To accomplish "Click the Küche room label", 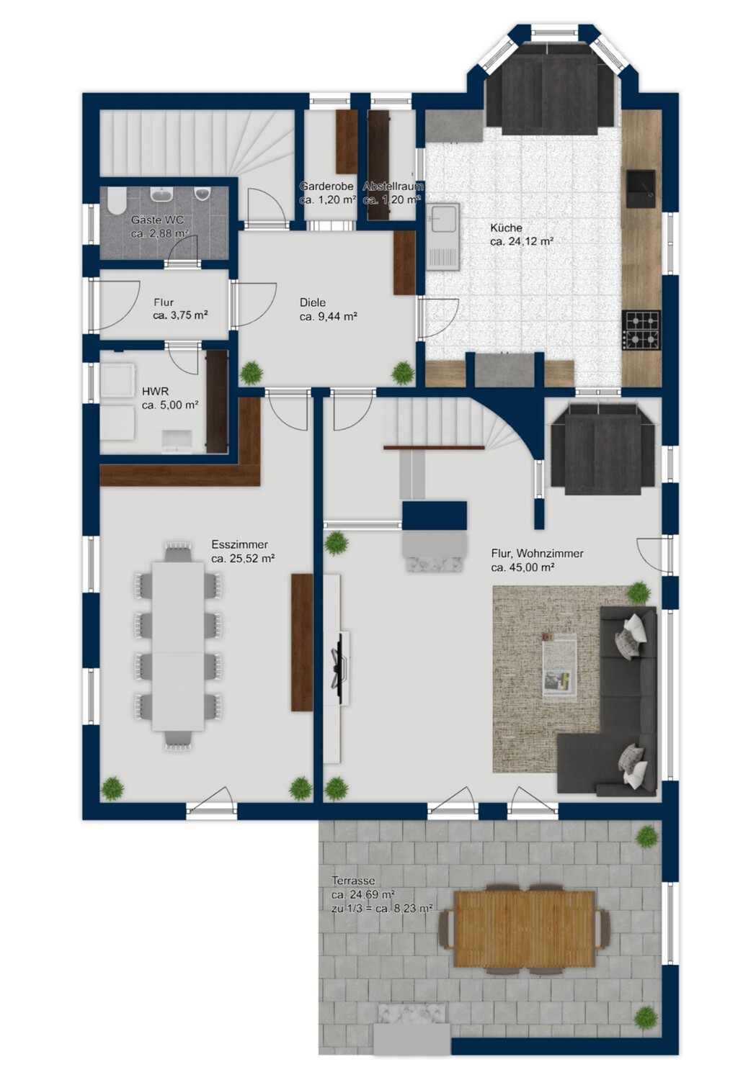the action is [506, 228].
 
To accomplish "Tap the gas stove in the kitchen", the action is [641, 330].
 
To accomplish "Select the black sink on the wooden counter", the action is [641, 188].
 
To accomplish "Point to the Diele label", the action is [313, 303].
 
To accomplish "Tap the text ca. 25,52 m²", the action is [243, 559].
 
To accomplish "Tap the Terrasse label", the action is [354, 881].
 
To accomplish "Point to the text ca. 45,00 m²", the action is [522, 567].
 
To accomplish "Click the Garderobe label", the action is [326, 186].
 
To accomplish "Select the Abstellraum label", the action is [393, 186].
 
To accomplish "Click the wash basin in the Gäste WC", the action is [162, 194].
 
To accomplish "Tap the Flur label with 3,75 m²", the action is [164, 303].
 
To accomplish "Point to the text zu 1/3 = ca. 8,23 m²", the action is [382, 909].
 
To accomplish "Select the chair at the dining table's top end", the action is [178, 551].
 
